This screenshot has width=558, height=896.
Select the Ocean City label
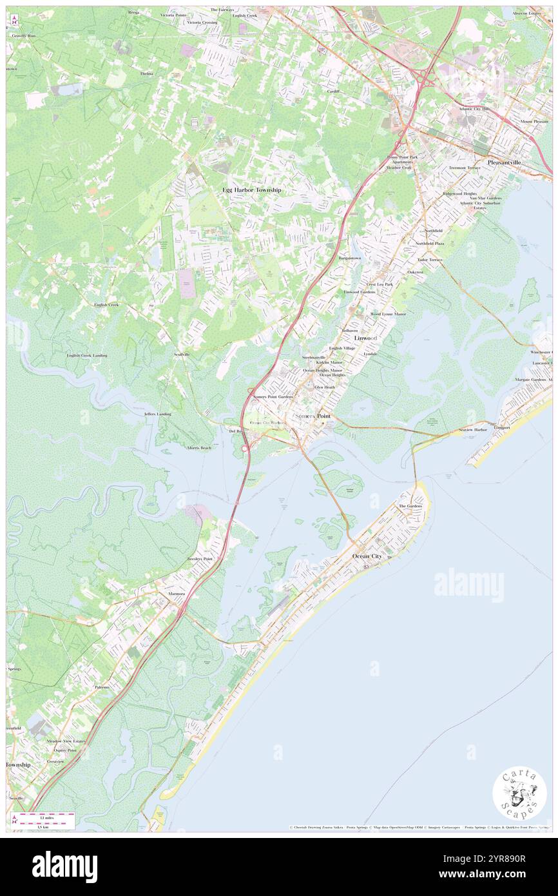(x=368, y=556)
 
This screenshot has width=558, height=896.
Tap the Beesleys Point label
(x=200, y=558)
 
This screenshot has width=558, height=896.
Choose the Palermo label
(x=102, y=687)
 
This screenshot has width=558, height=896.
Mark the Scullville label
(x=181, y=355)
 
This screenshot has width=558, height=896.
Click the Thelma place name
(x=147, y=73)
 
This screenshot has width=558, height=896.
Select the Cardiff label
(x=333, y=92)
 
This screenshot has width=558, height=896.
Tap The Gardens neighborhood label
(x=410, y=506)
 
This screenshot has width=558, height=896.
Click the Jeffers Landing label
(x=158, y=414)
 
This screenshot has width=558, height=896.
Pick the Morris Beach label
(x=199, y=447)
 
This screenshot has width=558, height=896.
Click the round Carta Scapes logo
(x=519, y=794)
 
